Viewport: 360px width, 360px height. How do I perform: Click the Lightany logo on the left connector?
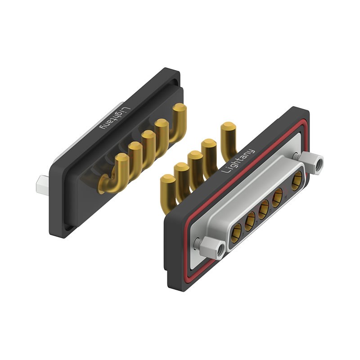pos(115,118)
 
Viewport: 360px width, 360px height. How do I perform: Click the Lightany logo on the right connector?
pos(238,161)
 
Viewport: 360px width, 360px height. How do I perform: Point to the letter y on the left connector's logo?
pos(103,126)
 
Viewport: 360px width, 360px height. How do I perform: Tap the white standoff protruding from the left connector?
pos(42,185)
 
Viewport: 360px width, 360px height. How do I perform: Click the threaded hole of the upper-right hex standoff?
pos(319,164)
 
